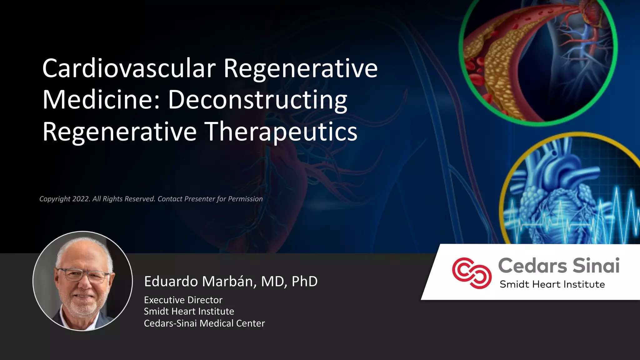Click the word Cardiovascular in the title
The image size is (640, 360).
point(129,69)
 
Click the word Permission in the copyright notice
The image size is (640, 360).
point(245,199)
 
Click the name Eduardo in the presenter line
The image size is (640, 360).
point(171,282)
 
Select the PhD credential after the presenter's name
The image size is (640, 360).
point(304,282)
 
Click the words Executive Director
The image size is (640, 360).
point(183,300)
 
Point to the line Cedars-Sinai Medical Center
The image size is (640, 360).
point(204,323)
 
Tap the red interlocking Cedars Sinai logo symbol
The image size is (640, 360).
point(472,273)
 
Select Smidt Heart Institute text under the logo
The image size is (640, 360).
point(552,284)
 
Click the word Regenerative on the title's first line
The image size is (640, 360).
point(300,69)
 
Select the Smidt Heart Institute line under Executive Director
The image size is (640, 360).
point(189,312)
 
